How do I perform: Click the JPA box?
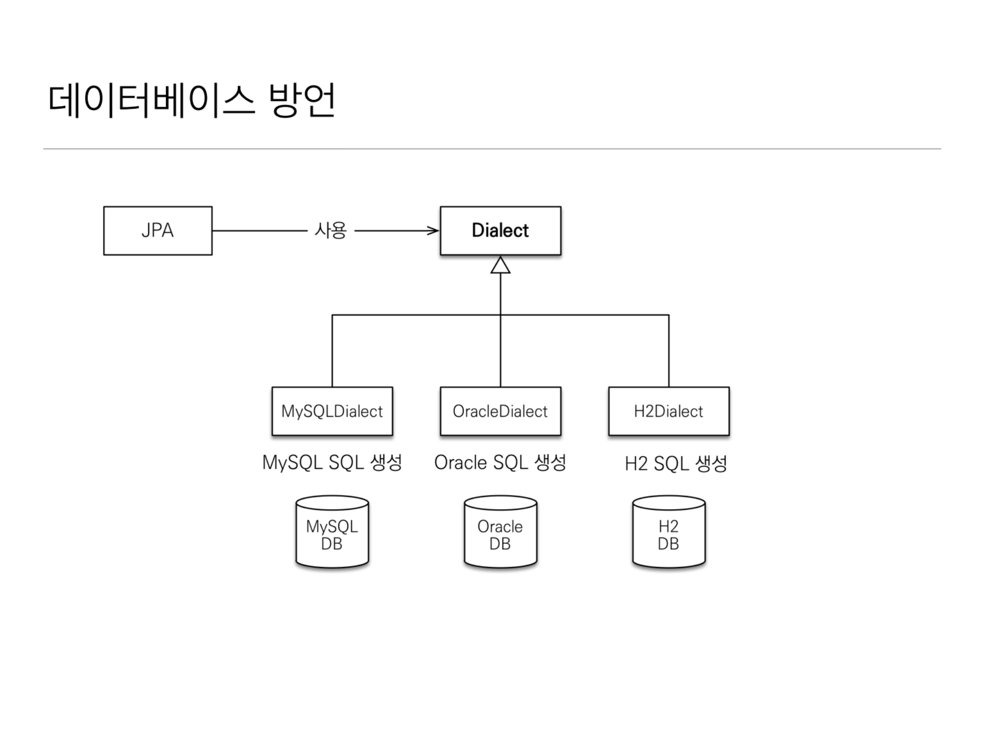coord(158,231)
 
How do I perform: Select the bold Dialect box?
coord(500,231)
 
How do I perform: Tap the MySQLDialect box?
coord(332,411)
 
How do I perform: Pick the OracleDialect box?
coord(500,411)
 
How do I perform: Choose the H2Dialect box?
coord(668,411)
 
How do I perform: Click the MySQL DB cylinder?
coord(332,533)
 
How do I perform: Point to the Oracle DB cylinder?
coord(500,533)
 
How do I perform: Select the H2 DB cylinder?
coord(668,533)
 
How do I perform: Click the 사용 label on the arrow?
coord(330,230)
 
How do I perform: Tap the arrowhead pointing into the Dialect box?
coord(433,231)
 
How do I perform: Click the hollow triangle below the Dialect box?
coord(500,265)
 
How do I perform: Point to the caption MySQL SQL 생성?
coord(332,463)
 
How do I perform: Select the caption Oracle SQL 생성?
coord(500,463)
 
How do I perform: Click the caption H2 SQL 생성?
coord(675,464)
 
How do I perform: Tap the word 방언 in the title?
coord(301,100)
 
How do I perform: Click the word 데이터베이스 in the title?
coord(151,100)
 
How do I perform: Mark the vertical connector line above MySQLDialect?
coord(332,351)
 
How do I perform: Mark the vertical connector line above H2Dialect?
coord(669,351)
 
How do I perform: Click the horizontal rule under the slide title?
coord(492,149)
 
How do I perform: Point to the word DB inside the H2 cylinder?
coord(668,544)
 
